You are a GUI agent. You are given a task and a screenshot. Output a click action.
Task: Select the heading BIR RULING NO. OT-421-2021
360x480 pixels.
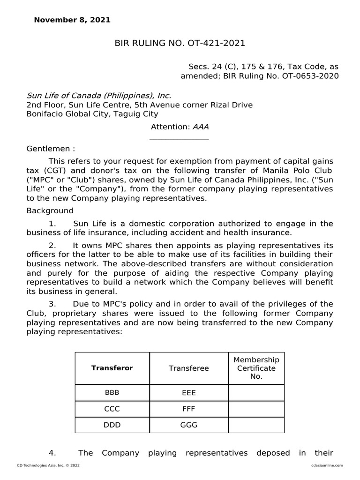pyautogui.click(x=180, y=44)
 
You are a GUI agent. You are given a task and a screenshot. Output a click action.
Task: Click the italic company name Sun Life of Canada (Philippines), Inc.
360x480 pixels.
pyautogui.click(x=96, y=96)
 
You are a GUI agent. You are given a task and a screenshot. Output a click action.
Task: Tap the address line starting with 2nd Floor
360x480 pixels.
pyautogui.click(x=139, y=105)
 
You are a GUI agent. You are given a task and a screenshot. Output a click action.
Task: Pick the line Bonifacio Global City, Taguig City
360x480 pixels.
pyautogui.click(x=92, y=114)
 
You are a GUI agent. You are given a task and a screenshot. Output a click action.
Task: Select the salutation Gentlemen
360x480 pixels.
pyautogui.click(x=51, y=149)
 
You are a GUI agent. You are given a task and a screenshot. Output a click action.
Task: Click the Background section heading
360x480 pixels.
pyautogui.click(x=50, y=210)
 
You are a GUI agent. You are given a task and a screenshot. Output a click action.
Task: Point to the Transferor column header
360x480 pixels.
pyautogui.click(x=112, y=368)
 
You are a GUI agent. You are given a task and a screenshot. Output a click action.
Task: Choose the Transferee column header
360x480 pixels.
pyautogui.click(x=188, y=368)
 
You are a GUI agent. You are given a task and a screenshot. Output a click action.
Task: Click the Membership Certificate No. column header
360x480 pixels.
pyautogui.click(x=256, y=368)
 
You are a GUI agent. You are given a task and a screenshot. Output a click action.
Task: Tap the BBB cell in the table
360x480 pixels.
pyautogui.click(x=112, y=393)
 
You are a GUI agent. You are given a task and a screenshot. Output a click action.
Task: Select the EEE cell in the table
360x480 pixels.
pyautogui.click(x=188, y=393)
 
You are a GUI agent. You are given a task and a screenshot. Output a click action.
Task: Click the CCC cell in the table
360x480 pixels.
pyautogui.click(x=112, y=409)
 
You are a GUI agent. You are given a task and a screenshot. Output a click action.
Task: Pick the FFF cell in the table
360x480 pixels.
pyautogui.click(x=188, y=409)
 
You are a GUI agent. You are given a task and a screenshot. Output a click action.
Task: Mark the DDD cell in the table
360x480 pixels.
pyautogui.click(x=112, y=425)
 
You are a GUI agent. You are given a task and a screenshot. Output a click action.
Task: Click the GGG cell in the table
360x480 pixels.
pyautogui.click(x=188, y=425)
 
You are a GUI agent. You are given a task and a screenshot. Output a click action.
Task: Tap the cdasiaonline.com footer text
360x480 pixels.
pyautogui.click(x=327, y=465)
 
